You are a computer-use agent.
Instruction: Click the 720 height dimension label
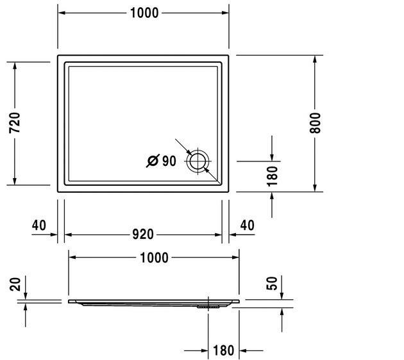click(x=14, y=124)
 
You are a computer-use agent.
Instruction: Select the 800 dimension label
click(x=315, y=122)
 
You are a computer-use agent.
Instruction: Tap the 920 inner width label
click(x=142, y=234)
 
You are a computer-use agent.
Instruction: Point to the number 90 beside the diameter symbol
click(x=169, y=161)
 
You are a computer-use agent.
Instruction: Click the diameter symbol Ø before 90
click(x=153, y=161)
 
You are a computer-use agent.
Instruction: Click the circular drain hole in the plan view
click(x=198, y=161)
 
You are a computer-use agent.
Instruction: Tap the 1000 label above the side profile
click(x=154, y=258)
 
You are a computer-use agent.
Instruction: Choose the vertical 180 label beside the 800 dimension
click(x=272, y=176)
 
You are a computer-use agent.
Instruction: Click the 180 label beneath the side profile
click(x=223, y=351)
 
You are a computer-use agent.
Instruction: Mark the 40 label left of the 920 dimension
click(x=38, y=225)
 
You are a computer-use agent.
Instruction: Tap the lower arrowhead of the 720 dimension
click(x=14, y=180)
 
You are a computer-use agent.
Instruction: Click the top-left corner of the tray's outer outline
click(x=58, y=56)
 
